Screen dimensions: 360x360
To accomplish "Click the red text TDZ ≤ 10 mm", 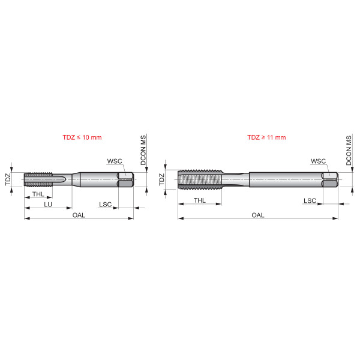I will click(82, 137).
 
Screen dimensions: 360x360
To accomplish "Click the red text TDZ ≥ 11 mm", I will click(266, 137).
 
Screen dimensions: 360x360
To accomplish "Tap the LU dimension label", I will click(47, 205).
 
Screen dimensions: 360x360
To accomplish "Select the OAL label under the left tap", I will click(79, 214).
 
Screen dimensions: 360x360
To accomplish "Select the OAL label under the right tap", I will click(258, 214).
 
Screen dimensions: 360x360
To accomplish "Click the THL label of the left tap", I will click(37, 194).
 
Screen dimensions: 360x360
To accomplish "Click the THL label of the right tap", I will click(200, 200).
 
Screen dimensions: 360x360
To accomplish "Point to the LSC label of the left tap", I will click(106, 205).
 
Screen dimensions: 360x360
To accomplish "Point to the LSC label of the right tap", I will click(310, 200).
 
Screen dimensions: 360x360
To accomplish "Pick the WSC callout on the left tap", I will click(114, 161).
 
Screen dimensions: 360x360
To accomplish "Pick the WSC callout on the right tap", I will click(318, 161).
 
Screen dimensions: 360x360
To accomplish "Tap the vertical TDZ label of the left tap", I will click(8, 179).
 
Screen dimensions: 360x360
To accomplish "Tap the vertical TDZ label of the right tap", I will click(161, 179).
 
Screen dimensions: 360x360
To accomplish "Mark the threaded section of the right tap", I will click(200, 179).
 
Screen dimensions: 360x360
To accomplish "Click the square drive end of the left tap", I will click(125, 179).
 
